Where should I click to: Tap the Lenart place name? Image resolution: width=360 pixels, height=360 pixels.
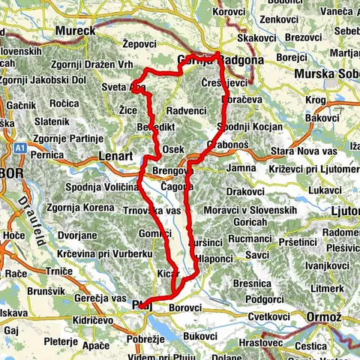coord(115,156)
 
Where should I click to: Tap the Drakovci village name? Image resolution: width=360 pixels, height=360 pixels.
coord(245,192)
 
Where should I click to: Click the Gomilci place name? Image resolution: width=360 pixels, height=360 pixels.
coord(155,235)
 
